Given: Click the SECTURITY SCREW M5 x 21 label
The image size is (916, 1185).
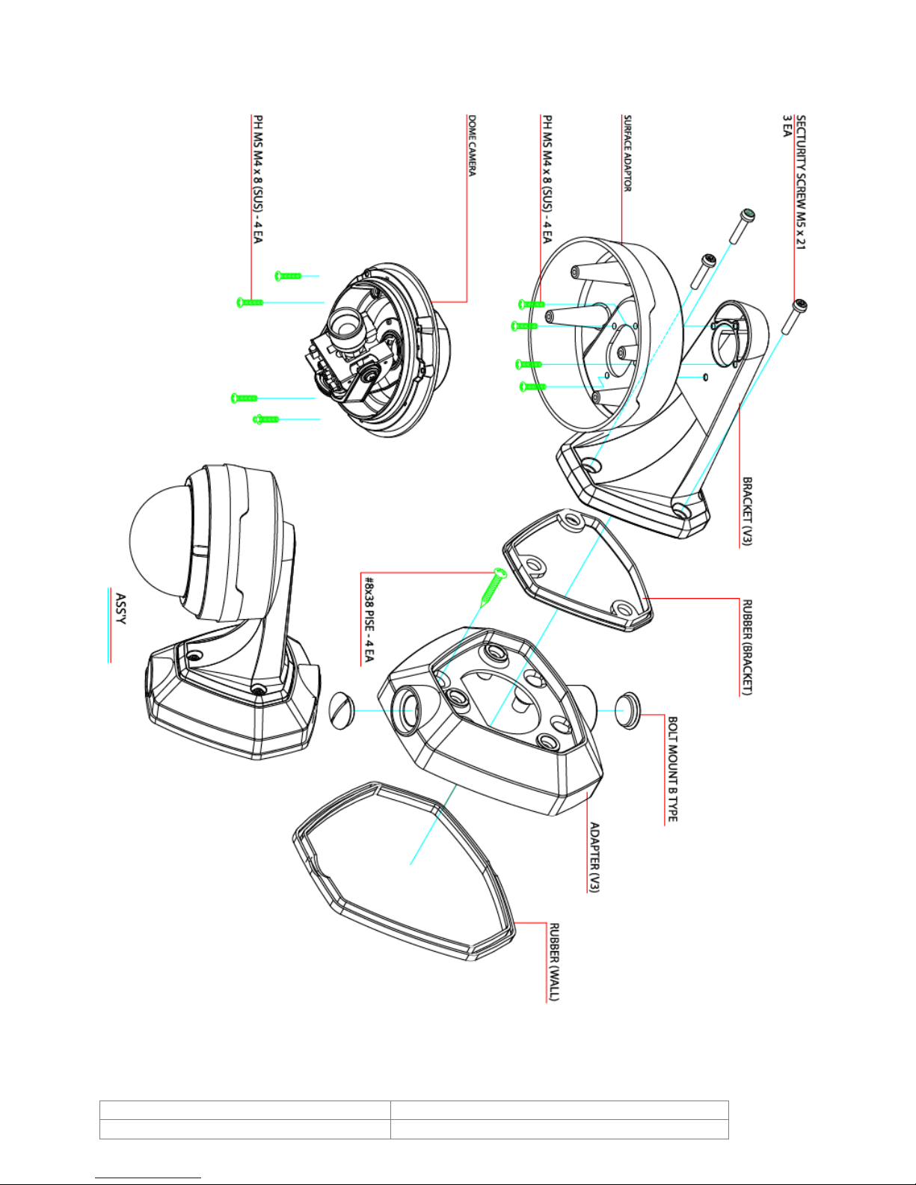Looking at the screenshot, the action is tap(800, 182).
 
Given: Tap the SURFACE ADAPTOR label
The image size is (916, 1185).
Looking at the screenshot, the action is tap(627, 153).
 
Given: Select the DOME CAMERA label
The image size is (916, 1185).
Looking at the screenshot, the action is tap(472, 145).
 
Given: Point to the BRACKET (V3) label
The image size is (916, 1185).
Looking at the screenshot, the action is tap(747, 511).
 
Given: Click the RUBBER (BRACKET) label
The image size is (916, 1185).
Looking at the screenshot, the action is tap(747, 647).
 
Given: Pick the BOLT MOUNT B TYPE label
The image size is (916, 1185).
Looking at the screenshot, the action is tap(673, 769).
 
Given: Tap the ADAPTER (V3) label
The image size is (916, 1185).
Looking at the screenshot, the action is tap(595, 857).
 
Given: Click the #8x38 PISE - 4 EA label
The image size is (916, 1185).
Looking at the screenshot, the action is tap(369, 619).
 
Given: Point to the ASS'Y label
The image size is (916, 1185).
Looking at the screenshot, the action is tap(120, 609).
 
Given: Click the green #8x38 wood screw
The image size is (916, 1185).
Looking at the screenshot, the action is tap(493, 588).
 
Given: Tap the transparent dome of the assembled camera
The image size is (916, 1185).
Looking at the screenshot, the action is tap(158, 543).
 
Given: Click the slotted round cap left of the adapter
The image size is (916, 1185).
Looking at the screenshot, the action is tap(342, 711).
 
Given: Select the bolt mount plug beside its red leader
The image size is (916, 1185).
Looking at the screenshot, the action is tap(628, 710).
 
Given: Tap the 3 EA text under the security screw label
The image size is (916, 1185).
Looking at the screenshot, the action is tap(787, 126).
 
